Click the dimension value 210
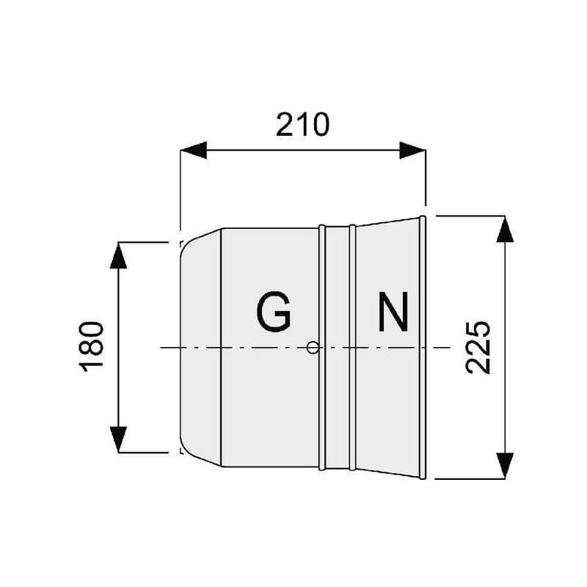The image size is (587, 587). coord(302,124)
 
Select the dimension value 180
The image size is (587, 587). coord(91,346)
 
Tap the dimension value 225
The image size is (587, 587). coord(478,347)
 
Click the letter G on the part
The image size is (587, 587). coord(274,311)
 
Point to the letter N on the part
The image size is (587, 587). coord(393,311)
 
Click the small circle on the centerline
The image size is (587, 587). coord(313,348)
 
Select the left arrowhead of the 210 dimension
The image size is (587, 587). coord(194,150)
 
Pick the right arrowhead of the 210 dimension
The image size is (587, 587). coord(412,150)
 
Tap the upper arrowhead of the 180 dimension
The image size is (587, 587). coord(118,255)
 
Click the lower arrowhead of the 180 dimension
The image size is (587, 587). coord(118,440)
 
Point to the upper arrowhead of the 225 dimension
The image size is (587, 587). coord(505,229)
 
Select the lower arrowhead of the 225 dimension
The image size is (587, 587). coord(505,466)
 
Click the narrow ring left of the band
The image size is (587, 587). coord(322,347)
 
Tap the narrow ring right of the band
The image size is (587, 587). coord(352,347)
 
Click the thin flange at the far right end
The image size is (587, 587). coord(423,347)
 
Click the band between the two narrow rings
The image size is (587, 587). coord(338,347)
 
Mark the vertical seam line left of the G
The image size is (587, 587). coord(222,347)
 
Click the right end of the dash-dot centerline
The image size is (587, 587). coord(450,348)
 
